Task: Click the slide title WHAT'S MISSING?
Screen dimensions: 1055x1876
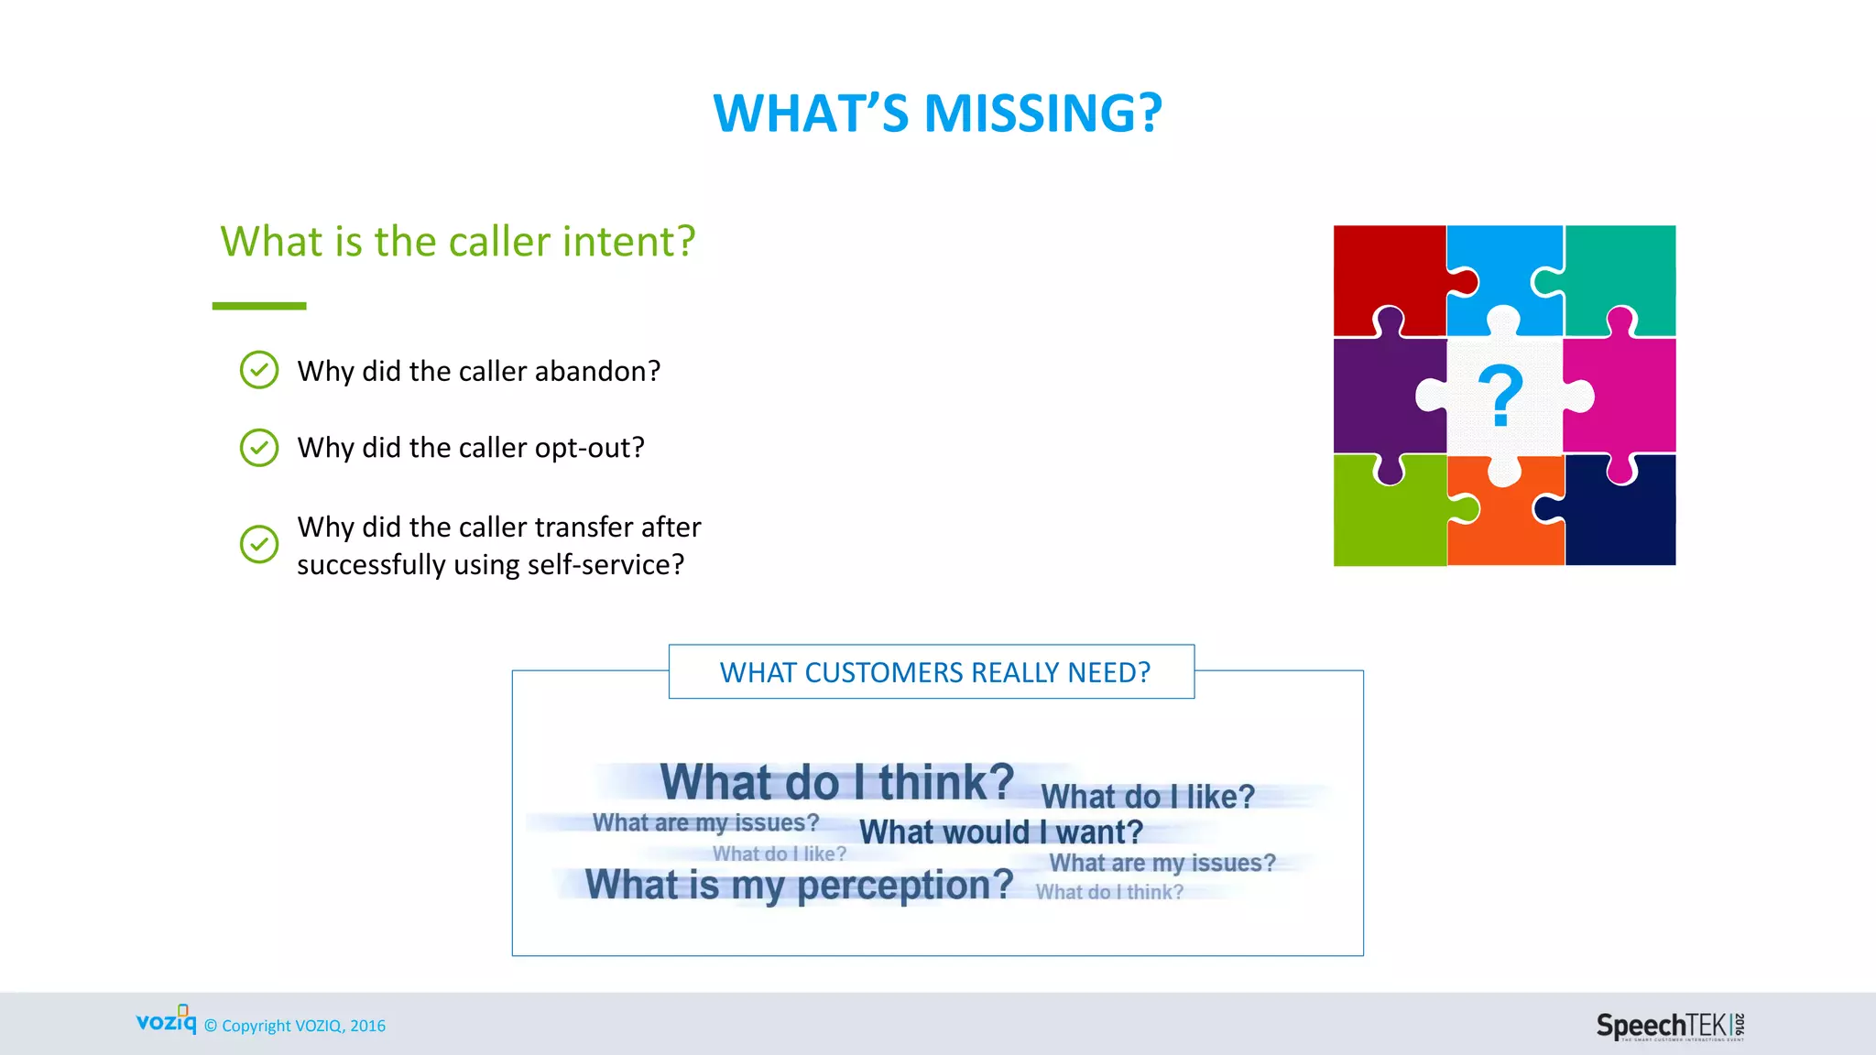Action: pyautogui.click(x=937, y=114)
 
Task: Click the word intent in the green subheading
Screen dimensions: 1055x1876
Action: pyautogui.click(x=628, y=242)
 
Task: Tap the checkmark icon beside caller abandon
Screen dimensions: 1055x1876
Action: pyautogui.click(x=259, y=370)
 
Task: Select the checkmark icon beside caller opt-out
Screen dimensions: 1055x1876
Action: pyautogui.click(x=259, y=448)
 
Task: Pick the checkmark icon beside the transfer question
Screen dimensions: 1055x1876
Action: pyautogui.click(x=259, y=544)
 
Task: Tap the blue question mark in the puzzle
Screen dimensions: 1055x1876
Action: pyautogui.click(x=1500, y=396)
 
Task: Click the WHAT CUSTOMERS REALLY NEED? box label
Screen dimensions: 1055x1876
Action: pyautogui.click(x=934, y=672)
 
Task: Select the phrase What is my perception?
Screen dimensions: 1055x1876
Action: pyautogui.click(x=799, y=885)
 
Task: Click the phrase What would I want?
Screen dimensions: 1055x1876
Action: pyautogui.click(x=1000, y=832)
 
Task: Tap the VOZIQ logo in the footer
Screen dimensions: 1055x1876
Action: pyautogui.click(x=166, y=1020)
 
